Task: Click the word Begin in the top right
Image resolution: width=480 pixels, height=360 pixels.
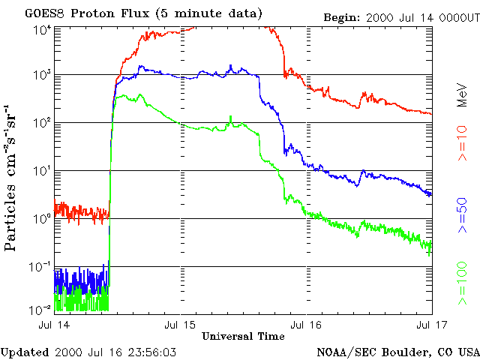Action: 341,16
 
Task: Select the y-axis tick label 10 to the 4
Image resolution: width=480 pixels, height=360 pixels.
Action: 42,28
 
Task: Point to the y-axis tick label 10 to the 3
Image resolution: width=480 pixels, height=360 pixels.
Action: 42,76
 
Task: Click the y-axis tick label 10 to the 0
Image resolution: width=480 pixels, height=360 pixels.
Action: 42,219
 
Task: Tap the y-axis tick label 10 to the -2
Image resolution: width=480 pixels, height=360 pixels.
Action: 42,309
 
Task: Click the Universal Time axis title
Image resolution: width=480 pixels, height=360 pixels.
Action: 243,335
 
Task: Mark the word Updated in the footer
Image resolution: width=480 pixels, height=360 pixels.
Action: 25,351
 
